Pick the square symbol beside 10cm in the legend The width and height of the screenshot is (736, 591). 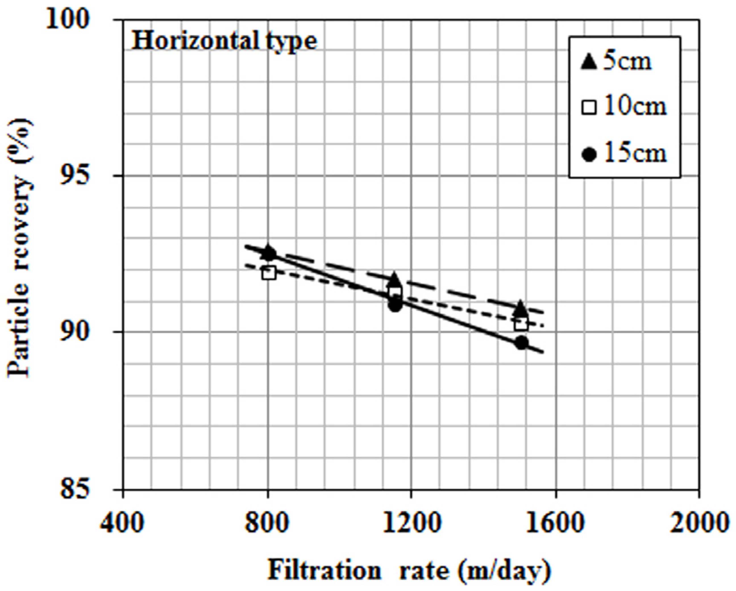pyautogui.click(x=589, y=108)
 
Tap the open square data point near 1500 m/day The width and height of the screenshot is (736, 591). pyautogui.click(x=521, y=324)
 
